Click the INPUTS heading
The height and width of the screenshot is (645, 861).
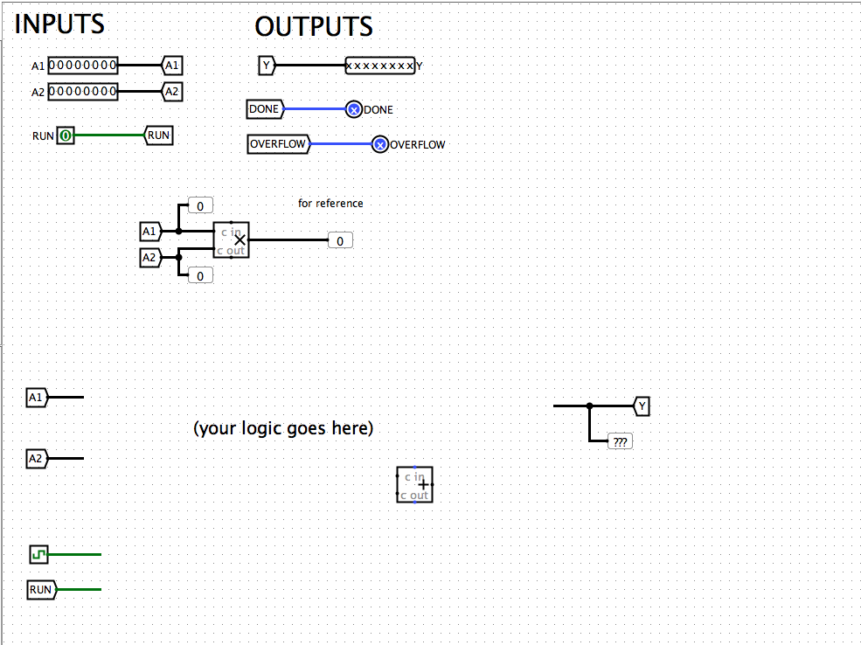tap(59, 24)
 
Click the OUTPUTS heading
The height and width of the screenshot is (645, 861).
tap(314, 27)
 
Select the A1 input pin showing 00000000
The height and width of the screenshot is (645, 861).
tap(83, 66)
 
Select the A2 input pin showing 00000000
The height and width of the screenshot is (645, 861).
tap(83, 92)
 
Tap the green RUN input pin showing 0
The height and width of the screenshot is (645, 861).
tap(66, 135)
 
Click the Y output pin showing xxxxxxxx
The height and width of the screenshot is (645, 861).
tap(380, 66)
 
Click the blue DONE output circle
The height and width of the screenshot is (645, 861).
tap(354, 109)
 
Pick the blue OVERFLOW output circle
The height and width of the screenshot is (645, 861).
tap(379, 144)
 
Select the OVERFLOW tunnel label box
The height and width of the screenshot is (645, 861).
tap(278, 144)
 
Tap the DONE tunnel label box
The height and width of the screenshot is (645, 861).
tap(265, 109)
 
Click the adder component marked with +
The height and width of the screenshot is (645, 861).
tap(414, 484)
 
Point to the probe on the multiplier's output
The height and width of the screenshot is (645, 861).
tap(340, 240)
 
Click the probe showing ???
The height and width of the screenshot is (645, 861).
tap(620, 442)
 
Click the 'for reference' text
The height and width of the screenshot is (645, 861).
tap(330, 204)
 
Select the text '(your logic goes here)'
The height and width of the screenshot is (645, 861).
tap(283, 428)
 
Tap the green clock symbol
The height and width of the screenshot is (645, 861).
tap(38, 554)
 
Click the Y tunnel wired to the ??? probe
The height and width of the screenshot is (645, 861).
tap(642, 406)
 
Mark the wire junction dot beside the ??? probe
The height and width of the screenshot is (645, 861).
tap(590, 406)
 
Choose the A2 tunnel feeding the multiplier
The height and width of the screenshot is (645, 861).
tap(149, 258)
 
